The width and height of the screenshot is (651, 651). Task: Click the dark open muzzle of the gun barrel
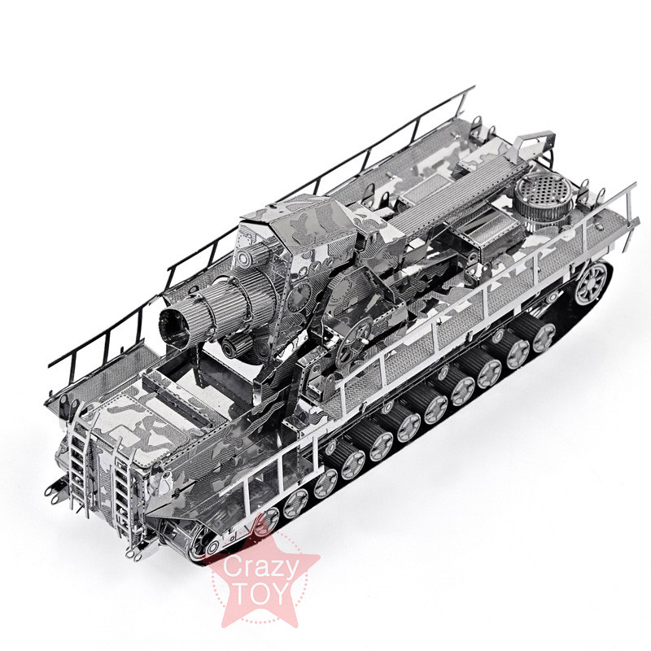(x=173, y=329)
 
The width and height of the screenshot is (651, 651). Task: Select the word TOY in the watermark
(x=261, y=594)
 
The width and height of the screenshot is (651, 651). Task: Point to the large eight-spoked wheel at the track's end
(x=592, y=283)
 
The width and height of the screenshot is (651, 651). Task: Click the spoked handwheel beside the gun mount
(x=354, y=341)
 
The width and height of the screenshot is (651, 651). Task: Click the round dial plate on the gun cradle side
(x=299, y=296)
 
